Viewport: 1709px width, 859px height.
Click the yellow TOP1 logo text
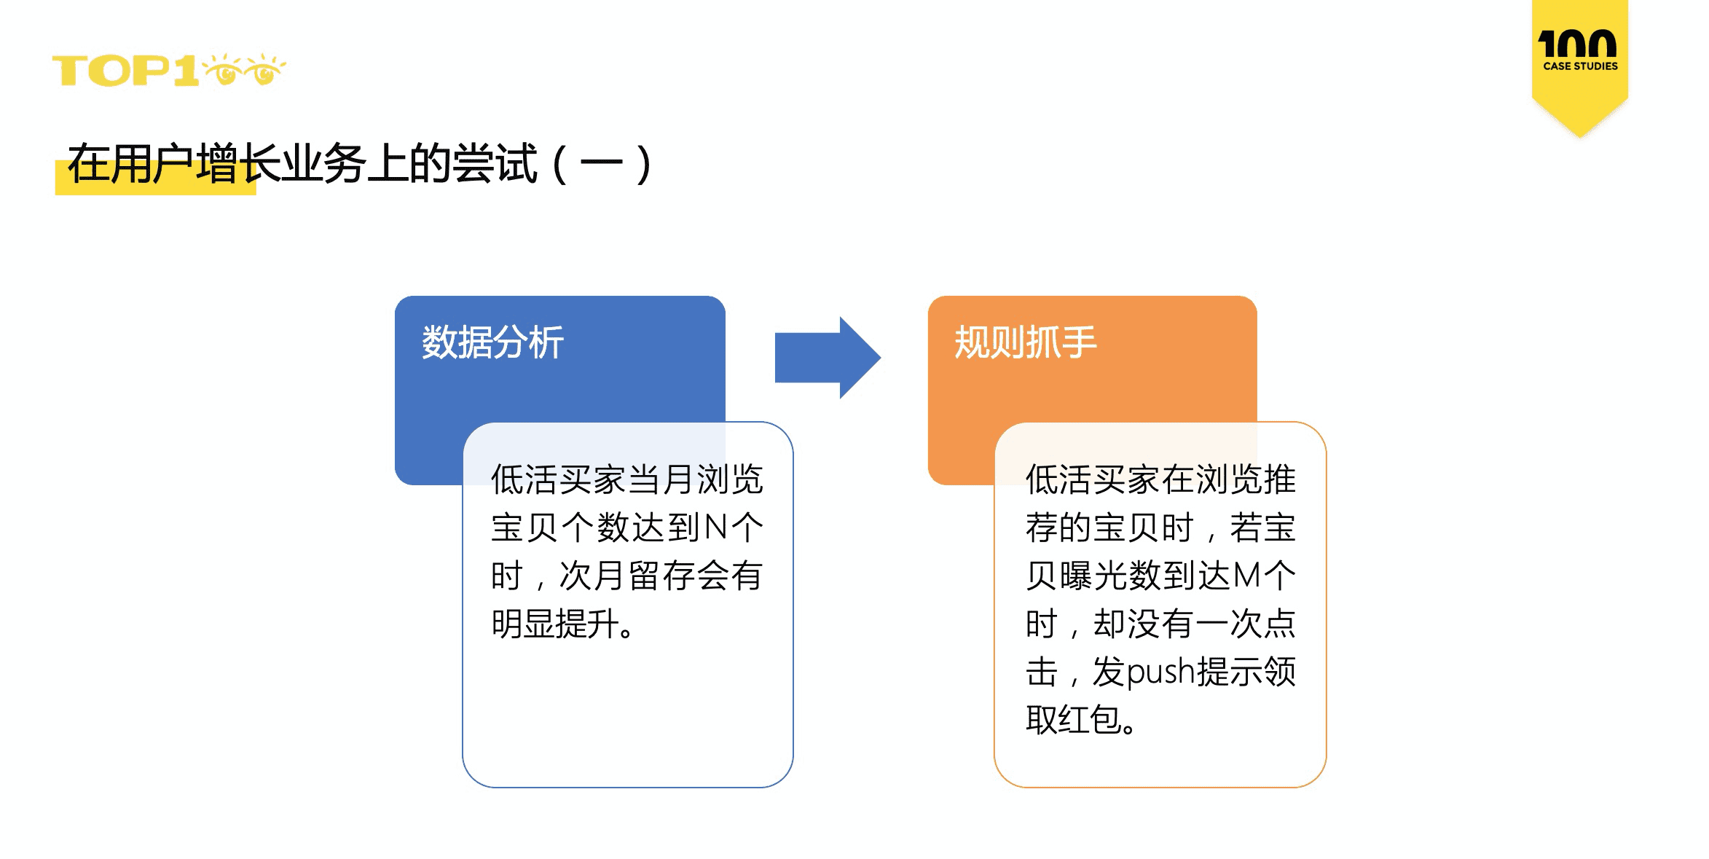pyautogui.click(x=125, y=71)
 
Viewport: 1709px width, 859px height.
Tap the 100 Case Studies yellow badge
pyautogui.click(x=1579, y=66)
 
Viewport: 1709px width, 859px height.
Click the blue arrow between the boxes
pyautogui.click(x=828, y=357)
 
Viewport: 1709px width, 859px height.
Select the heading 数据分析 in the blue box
pyautogui.click(x=492, y=342)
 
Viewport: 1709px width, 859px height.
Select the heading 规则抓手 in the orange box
pyautogui.click(x=1025, y=342)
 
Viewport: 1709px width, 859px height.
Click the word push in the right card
pyautogui.click(x=1161, y=672)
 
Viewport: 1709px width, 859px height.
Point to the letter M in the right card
pyautogui.click(x=1247, y=576)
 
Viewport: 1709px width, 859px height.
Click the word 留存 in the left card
pyautogui.click(x=660, y=576)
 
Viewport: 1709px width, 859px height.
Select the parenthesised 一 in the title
pyautogui.click(x=601, y=165)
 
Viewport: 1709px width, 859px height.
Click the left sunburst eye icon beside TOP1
pyautogui.click(x=224, y=69)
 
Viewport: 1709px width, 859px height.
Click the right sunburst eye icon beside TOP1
pyautogui.click(x=264, y=69)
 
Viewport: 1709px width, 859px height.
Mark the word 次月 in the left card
pyautogui.click(x=592, y=576)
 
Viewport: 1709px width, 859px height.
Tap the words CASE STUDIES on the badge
pyautogui.click(x=1580, y=66)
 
